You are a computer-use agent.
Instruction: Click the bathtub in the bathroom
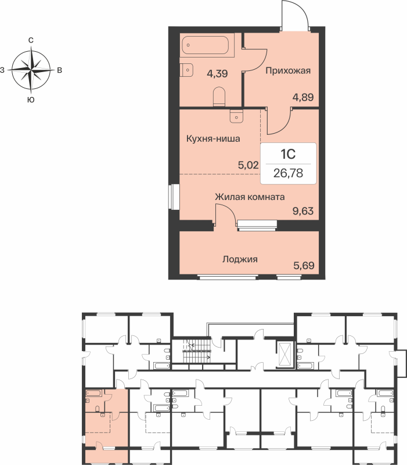207,45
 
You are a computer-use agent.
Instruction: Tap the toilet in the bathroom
219,96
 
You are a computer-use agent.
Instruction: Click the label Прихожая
289,71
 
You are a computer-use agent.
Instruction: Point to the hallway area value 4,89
302,97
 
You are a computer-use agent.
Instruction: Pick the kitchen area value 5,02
248,164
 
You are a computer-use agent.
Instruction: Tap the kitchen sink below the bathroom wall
236,116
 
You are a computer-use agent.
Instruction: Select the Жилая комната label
250,196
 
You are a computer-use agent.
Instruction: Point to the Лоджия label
240,259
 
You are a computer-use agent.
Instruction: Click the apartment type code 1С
289,154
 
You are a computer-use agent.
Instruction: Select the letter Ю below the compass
30,100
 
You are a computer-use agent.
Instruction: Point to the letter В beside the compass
59,70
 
